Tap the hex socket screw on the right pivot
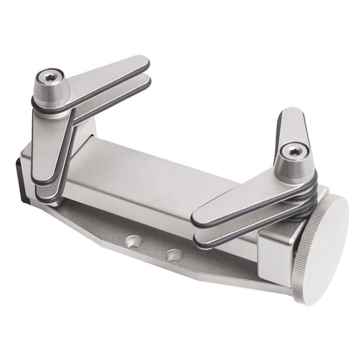click(x=293, y=152)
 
